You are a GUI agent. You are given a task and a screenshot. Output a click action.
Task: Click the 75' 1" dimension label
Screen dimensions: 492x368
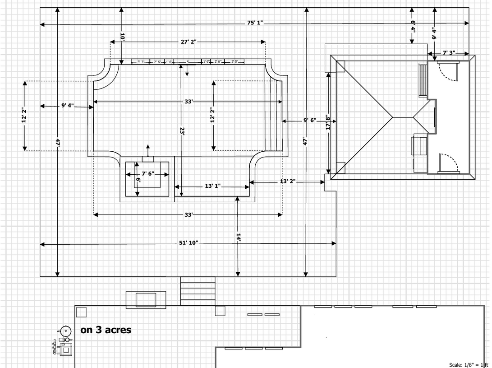[255, 23]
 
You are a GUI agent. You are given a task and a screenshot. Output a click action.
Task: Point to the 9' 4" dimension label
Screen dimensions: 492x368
[67, 106]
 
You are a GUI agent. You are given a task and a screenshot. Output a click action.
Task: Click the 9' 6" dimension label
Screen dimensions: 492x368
[309, 121]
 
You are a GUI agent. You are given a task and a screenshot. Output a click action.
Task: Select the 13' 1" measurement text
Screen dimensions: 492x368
[212, 186]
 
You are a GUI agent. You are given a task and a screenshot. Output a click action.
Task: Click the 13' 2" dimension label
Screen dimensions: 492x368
[287, 182]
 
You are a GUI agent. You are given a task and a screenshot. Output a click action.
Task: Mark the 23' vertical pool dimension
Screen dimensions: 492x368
[181, 131]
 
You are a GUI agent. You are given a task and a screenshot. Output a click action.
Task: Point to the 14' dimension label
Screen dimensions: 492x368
[238, 238]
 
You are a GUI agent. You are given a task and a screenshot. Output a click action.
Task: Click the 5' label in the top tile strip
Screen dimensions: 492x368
[188, 62]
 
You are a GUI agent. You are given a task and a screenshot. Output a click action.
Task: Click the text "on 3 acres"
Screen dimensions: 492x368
[106, 330]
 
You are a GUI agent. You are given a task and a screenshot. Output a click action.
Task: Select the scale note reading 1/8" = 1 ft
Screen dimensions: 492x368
[469, 365]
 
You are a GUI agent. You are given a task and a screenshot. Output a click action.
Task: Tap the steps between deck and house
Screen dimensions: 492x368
[198, 291]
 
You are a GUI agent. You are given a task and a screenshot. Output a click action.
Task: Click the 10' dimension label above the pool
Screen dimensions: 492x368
[122, 36]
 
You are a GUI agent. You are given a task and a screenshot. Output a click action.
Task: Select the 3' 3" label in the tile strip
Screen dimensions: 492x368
[141, 62]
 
